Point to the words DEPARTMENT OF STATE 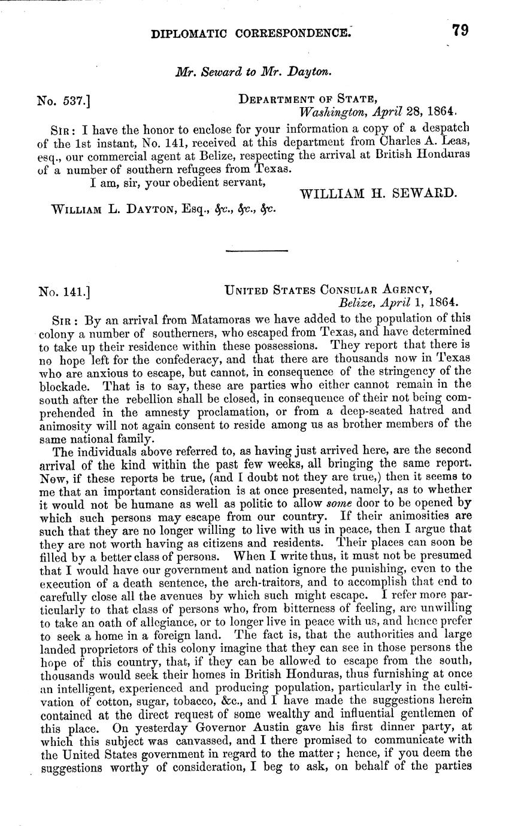307,99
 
